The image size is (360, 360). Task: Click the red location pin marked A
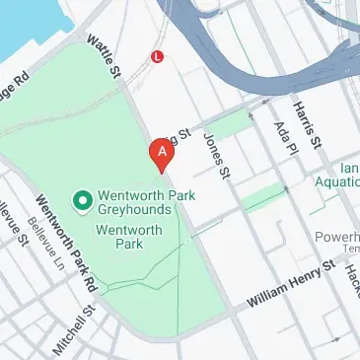click(x=158, y=153)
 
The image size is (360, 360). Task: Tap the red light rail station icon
click(x=157, y=57)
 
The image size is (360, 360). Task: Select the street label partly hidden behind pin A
click(x=180, y=143)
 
